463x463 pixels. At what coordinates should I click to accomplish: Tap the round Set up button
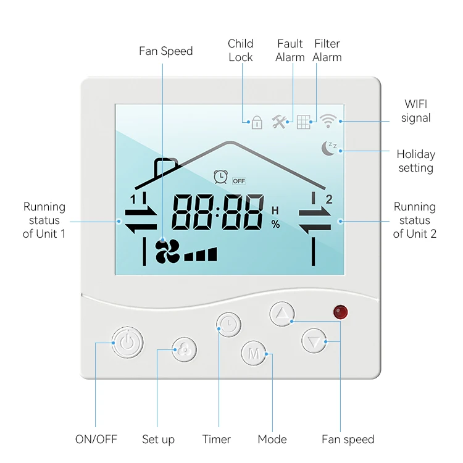coord(184,350)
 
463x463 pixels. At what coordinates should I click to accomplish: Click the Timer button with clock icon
coord(228,325)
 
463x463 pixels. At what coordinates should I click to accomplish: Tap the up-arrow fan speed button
coord(282,314)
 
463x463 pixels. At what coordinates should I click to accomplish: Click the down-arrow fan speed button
coord(314,340)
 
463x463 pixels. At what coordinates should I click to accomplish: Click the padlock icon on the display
coord(257,122)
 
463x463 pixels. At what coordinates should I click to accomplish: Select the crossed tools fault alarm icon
coord(280,122)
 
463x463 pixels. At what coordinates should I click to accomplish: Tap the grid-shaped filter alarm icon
coord(303,122)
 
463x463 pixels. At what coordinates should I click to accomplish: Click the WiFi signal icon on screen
coord(327,121)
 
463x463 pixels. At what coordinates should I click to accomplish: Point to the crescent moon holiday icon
coord(328,148)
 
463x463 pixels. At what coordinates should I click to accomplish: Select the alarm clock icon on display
coord(220,177)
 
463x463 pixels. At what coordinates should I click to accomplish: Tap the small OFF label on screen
coord(239,180)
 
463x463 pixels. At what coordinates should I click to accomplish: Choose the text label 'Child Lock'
coord(240,50)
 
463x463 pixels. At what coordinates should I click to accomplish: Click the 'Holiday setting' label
coord(415,161)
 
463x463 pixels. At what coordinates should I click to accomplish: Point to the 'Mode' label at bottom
coord(272,440)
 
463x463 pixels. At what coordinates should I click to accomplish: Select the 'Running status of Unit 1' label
coord(44,220)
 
